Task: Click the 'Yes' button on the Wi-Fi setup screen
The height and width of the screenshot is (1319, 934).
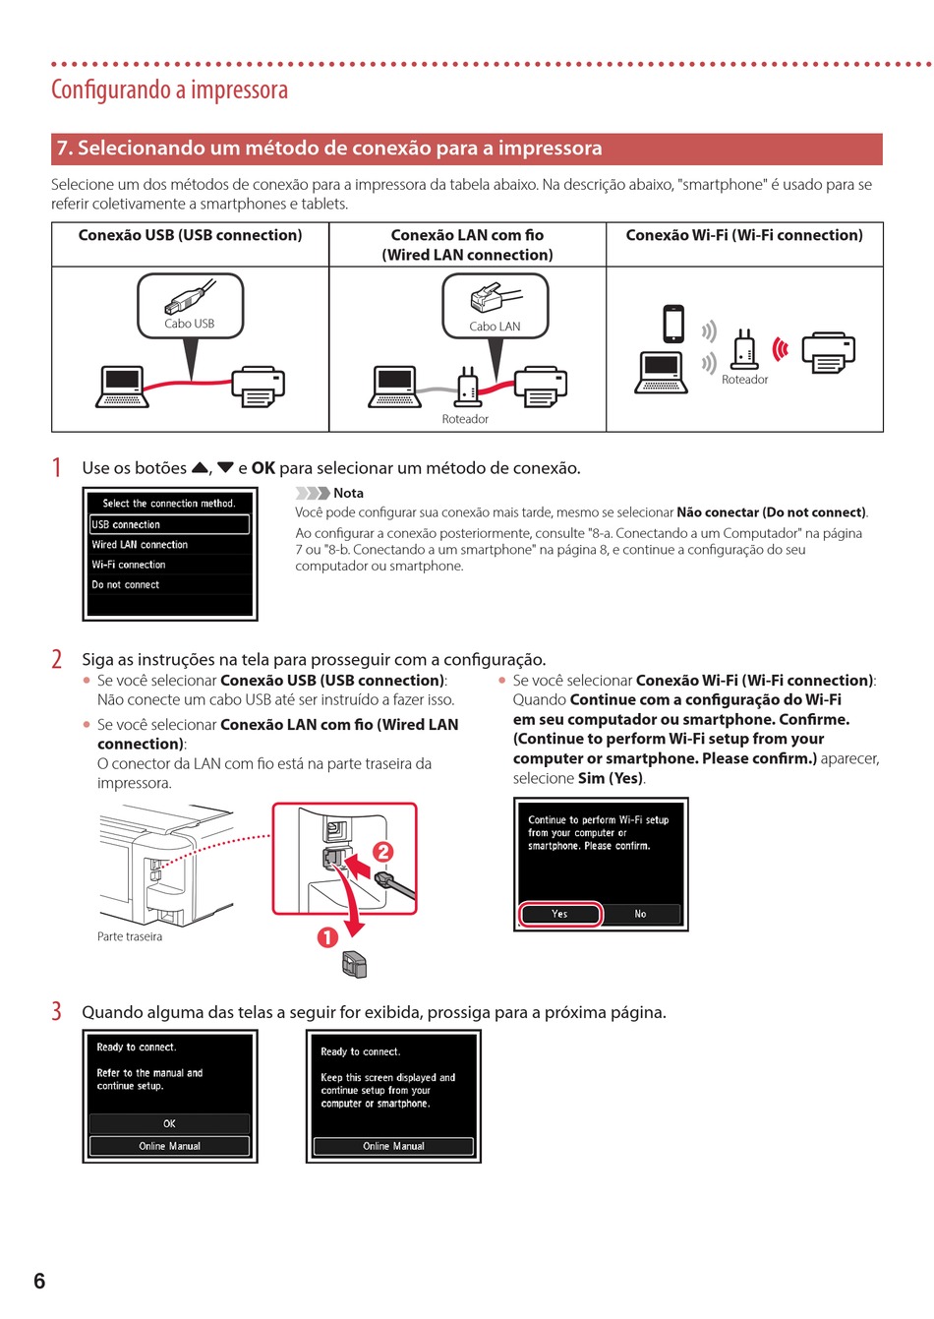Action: pos(559,914)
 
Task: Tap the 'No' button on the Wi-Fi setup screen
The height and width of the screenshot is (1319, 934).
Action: pos(640,914)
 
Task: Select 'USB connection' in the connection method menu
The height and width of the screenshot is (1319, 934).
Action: pos(169,525)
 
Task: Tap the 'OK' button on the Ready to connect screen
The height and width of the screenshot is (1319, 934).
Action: pos(169,1123)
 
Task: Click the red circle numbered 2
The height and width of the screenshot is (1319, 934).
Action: pos(382,852)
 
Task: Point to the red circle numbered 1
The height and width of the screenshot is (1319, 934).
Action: pos(327,937)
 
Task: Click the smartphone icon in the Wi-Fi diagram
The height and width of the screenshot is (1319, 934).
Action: pos(673,324)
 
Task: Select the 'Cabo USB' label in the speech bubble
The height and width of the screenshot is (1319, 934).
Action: pos(190,324)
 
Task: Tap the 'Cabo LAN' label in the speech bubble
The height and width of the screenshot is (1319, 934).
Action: pos(495,327)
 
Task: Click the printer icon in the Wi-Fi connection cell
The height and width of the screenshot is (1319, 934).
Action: pos(828,353)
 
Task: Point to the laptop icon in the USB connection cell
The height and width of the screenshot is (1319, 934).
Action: pos(123,386)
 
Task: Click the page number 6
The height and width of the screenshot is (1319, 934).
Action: pos(39,1281)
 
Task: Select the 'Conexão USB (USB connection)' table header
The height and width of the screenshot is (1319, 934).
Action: pos(190,235)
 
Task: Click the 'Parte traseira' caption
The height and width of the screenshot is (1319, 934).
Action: pos(130,936)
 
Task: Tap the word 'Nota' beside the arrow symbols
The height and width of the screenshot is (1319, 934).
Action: pos(348,493)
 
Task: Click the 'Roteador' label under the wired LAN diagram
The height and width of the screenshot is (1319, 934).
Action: pos(465,419)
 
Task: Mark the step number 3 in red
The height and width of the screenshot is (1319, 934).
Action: pos(57,1011)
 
